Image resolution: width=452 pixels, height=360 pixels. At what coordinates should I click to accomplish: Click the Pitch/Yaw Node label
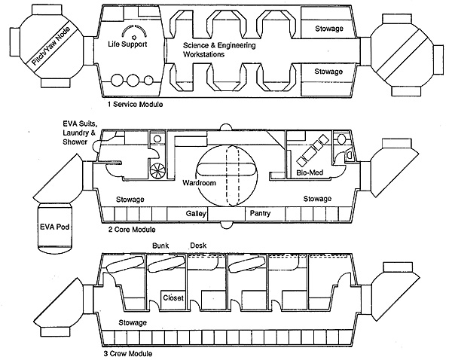[50, 47]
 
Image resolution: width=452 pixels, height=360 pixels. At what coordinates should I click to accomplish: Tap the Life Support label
[127, 44]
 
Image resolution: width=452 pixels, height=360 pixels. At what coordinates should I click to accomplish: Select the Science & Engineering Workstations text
[219, 50]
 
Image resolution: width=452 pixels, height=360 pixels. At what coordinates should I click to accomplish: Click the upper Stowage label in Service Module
[329, 29]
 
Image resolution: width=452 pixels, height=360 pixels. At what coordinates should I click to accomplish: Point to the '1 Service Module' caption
[135, 104]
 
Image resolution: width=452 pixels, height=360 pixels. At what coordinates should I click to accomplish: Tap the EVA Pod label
[55, 227]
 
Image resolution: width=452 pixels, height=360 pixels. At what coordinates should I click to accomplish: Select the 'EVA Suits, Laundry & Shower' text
[80, 133]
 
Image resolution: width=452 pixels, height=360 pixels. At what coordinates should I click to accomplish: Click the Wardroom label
[199, 183]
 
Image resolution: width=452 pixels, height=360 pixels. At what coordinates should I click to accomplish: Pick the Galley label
[196, 214]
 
